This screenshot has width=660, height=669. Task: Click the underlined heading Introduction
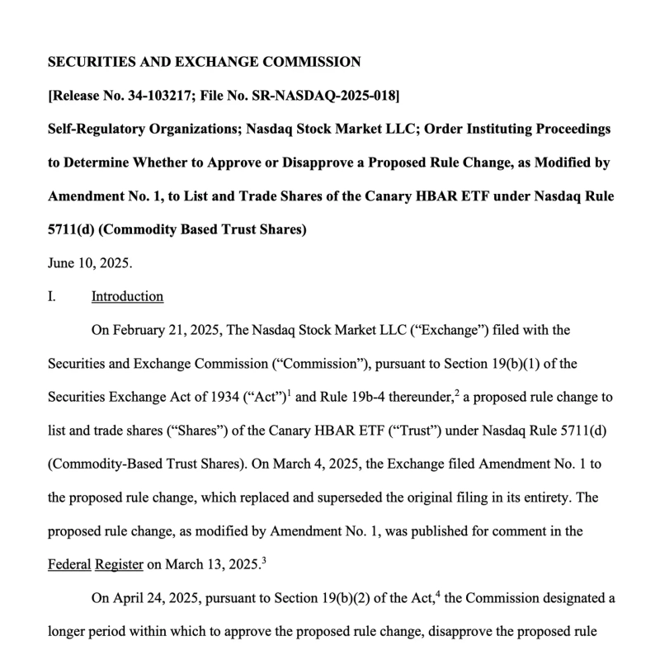point(127,296)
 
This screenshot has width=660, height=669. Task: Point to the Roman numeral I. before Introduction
point(52,296)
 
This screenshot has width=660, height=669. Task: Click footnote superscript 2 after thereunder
point(457,393)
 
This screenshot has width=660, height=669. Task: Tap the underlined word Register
point(119,564)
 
